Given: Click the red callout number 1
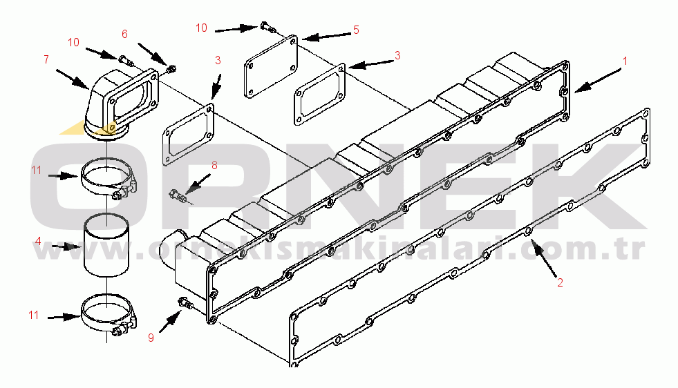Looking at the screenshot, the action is coord(624,61).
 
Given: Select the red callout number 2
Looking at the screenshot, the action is coord(560,283).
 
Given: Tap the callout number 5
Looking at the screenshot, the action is coord(356,30).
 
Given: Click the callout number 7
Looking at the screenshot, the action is coord(46,59).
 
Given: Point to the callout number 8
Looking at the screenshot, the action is coord(214,166).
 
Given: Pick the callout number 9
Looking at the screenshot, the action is coord(151,338).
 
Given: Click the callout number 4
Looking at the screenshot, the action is coord(38,242).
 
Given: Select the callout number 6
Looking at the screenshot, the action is coord(124,34).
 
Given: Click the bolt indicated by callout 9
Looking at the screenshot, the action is coord(185,303).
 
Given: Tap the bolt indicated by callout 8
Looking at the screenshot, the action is coord(178,196).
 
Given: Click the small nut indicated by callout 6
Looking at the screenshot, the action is coord(171,68).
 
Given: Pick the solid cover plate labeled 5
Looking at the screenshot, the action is coord(271,66).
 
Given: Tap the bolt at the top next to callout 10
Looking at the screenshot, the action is coord(268,28).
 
